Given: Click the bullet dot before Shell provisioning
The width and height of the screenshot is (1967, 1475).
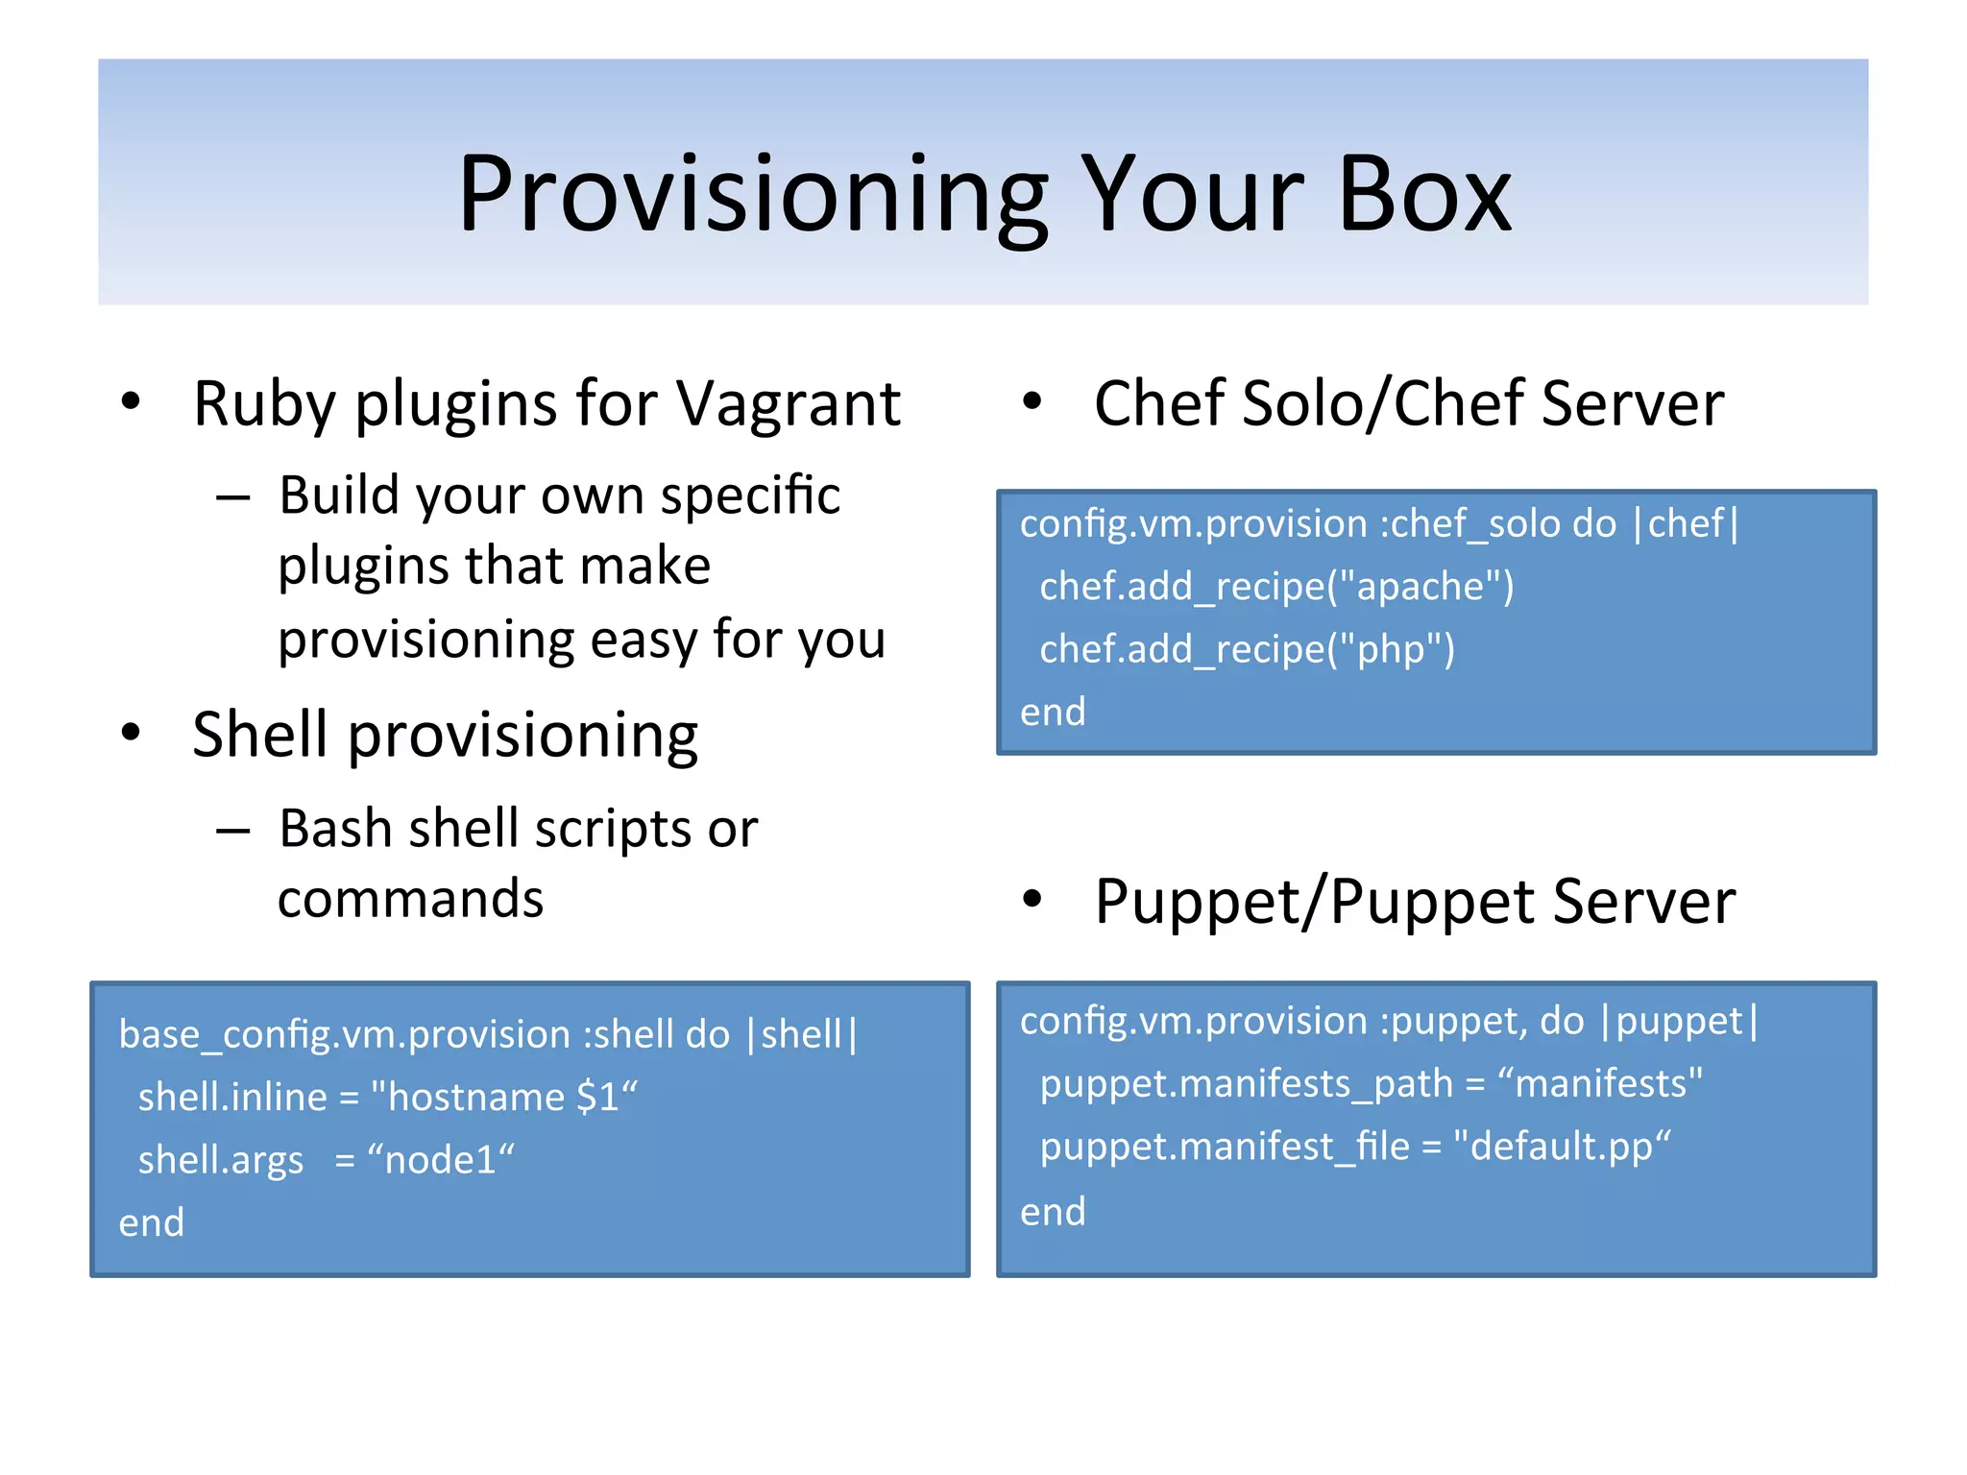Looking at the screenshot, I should [132, 734].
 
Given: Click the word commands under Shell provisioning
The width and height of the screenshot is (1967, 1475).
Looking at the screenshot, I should [411, 900].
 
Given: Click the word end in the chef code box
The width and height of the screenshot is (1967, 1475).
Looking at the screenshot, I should [1053, 713].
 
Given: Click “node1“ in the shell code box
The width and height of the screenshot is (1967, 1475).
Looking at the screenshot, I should [441, 1160].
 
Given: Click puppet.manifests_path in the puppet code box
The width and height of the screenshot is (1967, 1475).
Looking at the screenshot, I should [1247, 1084].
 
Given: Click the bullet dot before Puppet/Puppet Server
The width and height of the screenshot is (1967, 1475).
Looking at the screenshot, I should [1032, 900].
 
